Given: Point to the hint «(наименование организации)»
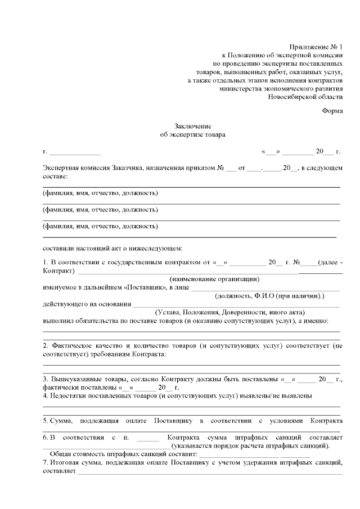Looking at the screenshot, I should coord(214,279).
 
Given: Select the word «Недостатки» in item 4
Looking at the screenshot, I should coord(69,395).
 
